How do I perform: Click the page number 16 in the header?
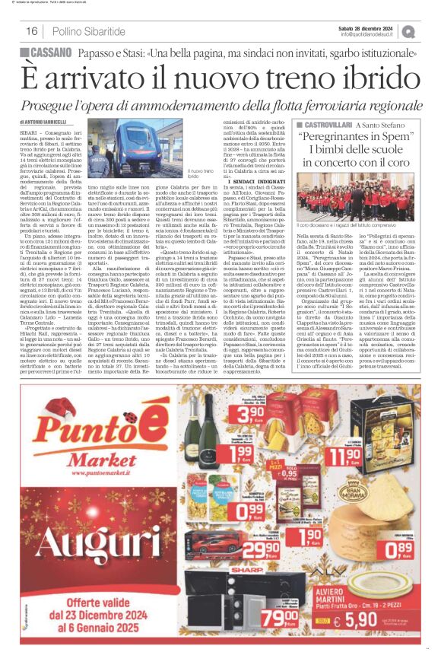tap(32, 31)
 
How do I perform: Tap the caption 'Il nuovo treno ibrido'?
tap(199, 174)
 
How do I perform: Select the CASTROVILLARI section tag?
tap(332, 124)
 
